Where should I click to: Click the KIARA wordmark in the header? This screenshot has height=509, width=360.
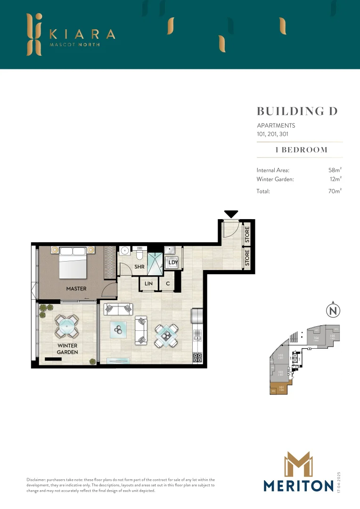(x=82, y=34)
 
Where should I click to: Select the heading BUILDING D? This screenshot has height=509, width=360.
(x=297, y=111)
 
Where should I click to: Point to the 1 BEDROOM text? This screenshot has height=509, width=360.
(x=301, y=150)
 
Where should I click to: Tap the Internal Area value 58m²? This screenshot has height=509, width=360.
(x=335, y=170)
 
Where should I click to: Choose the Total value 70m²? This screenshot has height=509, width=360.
(x=335, y=191)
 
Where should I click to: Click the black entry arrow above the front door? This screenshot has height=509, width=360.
(x=231, y=214)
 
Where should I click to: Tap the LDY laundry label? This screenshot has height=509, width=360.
(x=173, y=263)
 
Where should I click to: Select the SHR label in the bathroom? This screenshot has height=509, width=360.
(x=139, y=267)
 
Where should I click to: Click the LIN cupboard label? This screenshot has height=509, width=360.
(x=149, y=284)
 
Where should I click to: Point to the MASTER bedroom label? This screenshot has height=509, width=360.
(x=76, y=288)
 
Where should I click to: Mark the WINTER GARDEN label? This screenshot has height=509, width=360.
(x=67, y=349)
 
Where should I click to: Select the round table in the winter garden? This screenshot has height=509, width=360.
(x=65, y=326)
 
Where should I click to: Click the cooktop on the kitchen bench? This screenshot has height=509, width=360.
(x=197, y=357)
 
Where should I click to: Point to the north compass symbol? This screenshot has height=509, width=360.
(x=333, y=311)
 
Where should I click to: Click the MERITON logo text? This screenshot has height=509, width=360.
(x=298, y=485)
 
